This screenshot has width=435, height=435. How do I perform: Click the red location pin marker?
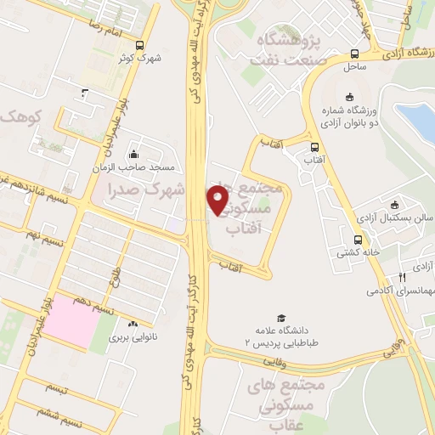pos(218,199)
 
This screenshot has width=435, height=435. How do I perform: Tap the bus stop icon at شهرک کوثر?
pos(140,46)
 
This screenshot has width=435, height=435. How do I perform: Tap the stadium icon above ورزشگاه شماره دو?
pos(350,95)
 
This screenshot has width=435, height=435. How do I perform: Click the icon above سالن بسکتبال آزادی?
pos(393,204)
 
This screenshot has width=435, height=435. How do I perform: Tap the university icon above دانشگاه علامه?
pos(269,318)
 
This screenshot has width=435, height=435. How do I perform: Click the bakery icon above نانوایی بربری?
pos(133,325)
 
